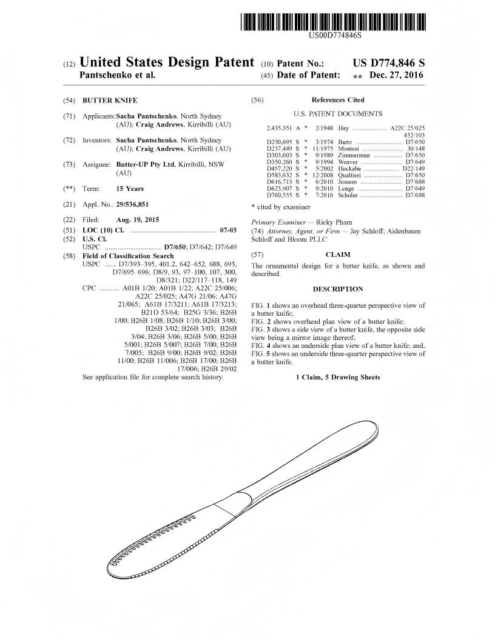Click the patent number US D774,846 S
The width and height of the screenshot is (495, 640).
click(x=388, y=63)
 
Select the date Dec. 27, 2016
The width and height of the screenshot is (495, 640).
click(x=399, y=76)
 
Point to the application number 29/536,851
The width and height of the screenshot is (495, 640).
click(x=132, y=204)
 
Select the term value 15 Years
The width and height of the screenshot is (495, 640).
click(x=130, y=188)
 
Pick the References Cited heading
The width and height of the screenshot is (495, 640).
click(x=338, y=100)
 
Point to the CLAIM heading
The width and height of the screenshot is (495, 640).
click(x=338, y=255)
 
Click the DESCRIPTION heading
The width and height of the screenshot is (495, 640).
click(x=338, y=289)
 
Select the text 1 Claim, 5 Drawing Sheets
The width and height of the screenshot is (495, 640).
click(x=338, y=378)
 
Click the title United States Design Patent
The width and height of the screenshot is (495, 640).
click(x=167, y=62)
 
